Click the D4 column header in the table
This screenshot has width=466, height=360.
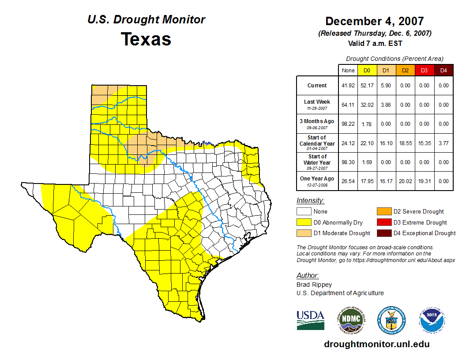(x=443, y=70)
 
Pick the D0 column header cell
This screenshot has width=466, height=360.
(x=367, y=70)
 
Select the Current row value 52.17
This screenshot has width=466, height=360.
(x=367, y=86)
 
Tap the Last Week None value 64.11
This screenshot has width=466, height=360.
(x=348, y=105)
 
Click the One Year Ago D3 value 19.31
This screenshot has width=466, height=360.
(x=424, y=181)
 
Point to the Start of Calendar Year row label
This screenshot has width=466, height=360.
(x=317, y=143)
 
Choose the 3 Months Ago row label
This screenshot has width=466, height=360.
(x=317, y=124)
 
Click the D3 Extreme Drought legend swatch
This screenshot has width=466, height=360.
(x=383, y=222)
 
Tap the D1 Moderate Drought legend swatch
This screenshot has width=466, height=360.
(x=304, y=233)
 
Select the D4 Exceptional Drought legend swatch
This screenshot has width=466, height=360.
(x=383, y=233)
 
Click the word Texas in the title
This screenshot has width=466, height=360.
(x=146, y=39)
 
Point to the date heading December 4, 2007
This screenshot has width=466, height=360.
(x=375, y=21)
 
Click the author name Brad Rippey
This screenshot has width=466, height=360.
(x=314, y=285)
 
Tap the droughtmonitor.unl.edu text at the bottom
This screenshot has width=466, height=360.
(x=376, y=344)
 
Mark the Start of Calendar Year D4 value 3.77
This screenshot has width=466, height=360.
(x=443, y=143)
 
